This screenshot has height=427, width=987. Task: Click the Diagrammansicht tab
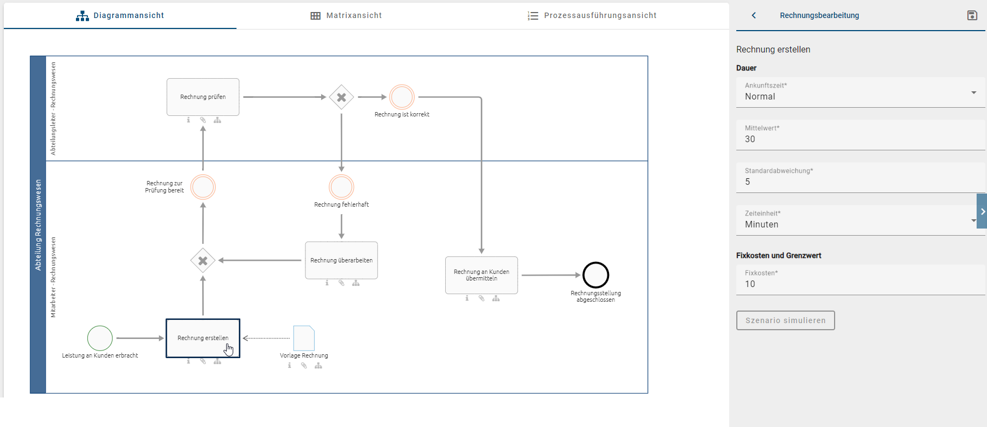[x=120, y=15]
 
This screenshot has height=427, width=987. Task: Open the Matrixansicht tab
[x=346, y=15]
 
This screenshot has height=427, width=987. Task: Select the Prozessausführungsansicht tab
[x=592, y=15]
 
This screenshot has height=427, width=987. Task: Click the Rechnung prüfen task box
[x=203, y=97]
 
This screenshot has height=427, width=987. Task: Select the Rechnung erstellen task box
[x=203, y=338]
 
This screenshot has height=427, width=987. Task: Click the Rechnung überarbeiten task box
[x=341, y=260]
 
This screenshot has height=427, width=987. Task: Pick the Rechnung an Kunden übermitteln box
[x=481, y=275]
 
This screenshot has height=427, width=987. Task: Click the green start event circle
[x=100, y=338]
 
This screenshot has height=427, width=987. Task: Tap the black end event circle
[x=595, y=275]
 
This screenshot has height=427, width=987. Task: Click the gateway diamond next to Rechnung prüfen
[x=341, y=97]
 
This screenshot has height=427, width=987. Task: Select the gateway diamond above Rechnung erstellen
[x=203, y=261]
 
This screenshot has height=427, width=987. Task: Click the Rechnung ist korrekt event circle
[x=402, y=97]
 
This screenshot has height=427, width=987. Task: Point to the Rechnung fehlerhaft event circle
[x=341, y=187]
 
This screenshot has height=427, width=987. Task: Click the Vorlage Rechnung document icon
[x=304, y=338]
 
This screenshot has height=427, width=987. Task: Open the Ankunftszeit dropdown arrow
[x=973, y=92]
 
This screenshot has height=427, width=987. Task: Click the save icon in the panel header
[x=972, y=15]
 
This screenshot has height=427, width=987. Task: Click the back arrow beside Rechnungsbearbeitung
[x=754, y=15]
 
